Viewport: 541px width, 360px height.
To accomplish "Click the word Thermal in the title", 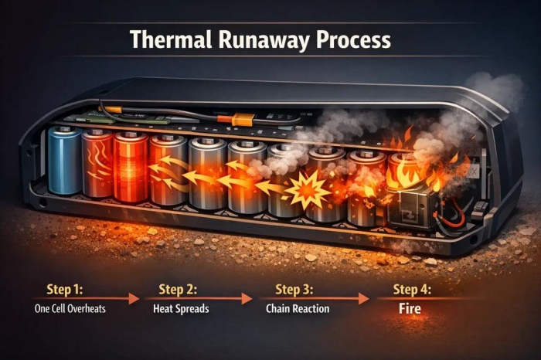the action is click(171, 39).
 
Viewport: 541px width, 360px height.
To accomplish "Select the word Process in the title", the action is click(354, 39).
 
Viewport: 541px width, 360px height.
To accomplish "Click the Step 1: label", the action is click(65, 289).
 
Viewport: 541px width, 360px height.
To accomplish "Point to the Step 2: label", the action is click(178, 289).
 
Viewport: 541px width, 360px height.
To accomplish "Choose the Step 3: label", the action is click(294, 289).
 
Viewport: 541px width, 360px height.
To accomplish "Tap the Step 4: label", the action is click(412, 289).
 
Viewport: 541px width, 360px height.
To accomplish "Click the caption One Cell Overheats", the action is click(70, 308).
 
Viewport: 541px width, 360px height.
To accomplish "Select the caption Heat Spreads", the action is click(181, 308).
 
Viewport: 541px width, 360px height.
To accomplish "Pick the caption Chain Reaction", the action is click(298, 308).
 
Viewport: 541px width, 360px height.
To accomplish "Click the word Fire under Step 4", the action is click(410, 308).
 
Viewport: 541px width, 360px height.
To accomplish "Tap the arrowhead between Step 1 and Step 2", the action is click(134, 299).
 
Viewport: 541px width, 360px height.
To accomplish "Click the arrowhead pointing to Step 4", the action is click(364, 299).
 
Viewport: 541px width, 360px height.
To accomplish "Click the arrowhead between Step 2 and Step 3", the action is click(247, 299).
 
